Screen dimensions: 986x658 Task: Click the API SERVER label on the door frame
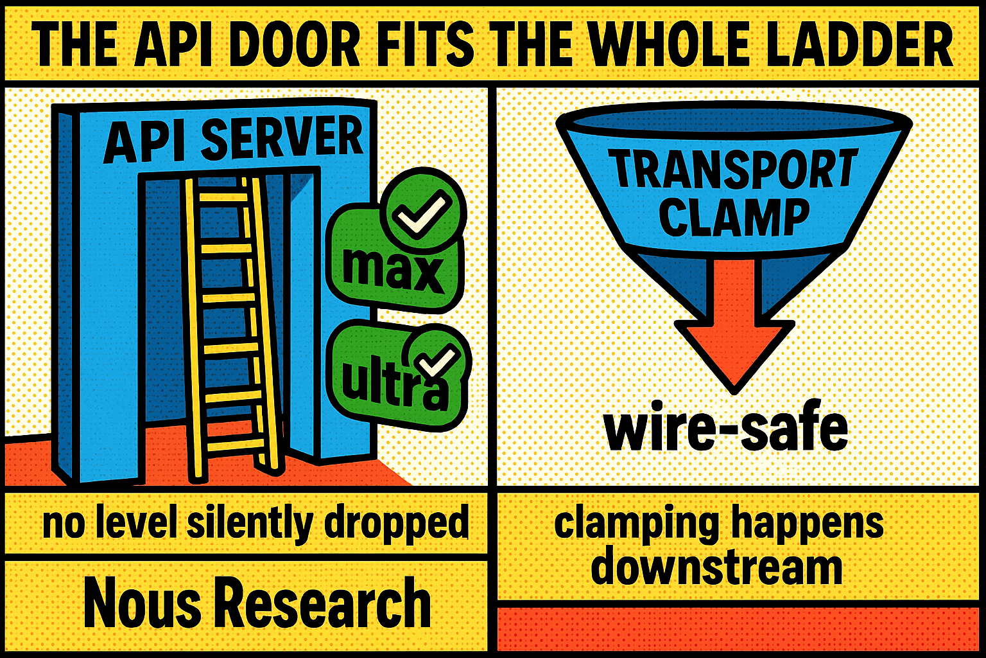[x=233, y=139]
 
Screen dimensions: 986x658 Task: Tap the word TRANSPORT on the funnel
[x=734, y=169]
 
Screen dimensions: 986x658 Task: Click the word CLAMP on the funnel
[x=734, y=216]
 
